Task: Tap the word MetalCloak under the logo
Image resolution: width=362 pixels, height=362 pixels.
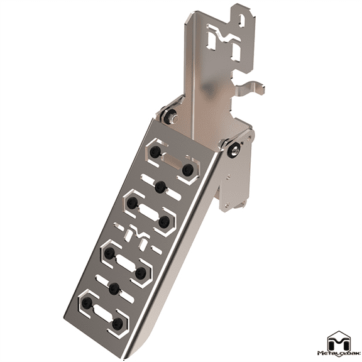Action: pyautogui.click(x=340, y=356)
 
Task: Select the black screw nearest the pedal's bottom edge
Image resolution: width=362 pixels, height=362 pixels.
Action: pyautogui.click(x=118, y=323)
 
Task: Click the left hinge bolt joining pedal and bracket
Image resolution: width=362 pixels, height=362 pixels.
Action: pyautogui.click(x=170, y=114)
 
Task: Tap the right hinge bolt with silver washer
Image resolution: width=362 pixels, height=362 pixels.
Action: pyautogui.click(x=234, y=149)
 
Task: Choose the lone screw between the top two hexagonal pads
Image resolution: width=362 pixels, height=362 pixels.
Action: pyautogui.click(x=160, y=186)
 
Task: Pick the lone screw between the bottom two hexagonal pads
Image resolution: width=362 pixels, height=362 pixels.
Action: pyautogui.click(x=114, y=288)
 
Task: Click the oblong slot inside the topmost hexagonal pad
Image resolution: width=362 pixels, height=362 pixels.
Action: pyautogui.click(x=171, y=161)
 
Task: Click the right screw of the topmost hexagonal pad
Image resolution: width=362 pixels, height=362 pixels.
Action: pyautogui.click(x=187, y=170)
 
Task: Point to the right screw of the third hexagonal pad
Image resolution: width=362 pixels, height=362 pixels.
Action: pyautogui.click(x=141, y=272)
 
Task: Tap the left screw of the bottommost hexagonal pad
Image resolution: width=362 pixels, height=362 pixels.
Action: pyautogui.click(x=87, y=303)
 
